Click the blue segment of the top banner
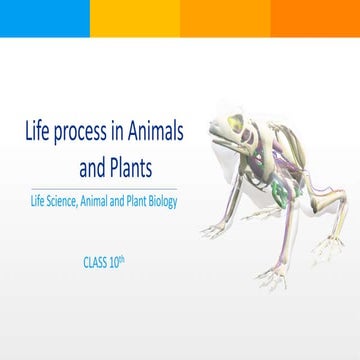pos(45,18)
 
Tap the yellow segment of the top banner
pos(135,18)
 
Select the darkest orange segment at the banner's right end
pos(315,18)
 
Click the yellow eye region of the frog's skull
pos(237,124)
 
